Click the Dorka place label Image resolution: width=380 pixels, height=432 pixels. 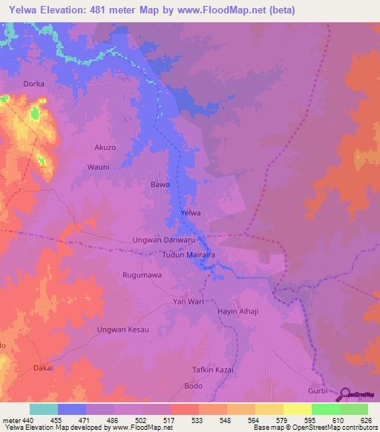34,84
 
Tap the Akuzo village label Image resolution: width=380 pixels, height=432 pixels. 105,148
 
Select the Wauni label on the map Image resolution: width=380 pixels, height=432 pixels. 99,167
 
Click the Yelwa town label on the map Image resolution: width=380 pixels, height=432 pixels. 191,213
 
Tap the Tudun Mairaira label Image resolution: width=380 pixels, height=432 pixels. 189,255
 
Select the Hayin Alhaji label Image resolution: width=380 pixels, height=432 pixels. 237,312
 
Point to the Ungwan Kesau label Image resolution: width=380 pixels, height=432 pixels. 123,329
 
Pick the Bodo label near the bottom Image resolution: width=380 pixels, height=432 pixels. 193,387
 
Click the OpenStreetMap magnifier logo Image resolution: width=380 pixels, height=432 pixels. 346,396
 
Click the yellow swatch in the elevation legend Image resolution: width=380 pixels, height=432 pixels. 297,409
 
